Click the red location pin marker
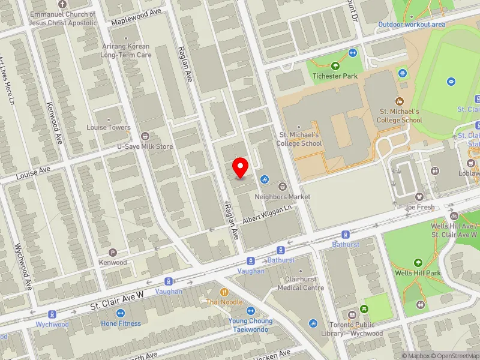click(x=241, y=167)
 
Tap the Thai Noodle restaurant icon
click(x=224, y=292)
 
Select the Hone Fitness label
click(x=121, y=323)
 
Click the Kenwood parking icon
click(x=113, y=253)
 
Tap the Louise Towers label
click(x=108, y=127)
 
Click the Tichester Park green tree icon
click(x=335, y=66)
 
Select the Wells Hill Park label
click(x=418, y=273)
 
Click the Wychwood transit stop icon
click(x=53, y=314)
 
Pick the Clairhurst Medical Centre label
click(x=301, y=283)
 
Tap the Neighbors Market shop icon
click(x=281, y=186)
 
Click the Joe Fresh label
click(x=419, y=207)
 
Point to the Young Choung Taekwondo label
click(x=250, y=325)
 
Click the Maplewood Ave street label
click(x=136, y=18)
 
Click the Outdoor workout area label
click(x=412, y=25)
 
